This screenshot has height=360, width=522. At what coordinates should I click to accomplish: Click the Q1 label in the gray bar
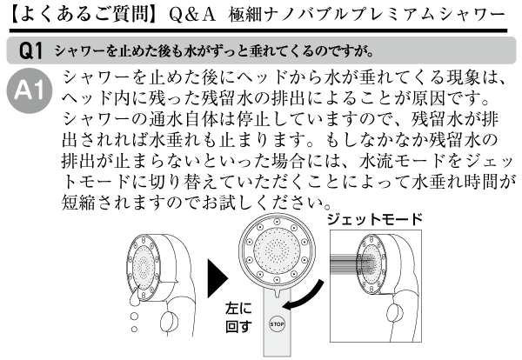(x=31, y=51)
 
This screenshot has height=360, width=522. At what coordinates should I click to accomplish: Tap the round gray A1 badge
(x=30, y=90)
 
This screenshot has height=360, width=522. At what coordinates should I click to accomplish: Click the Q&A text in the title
(x=192, y=15)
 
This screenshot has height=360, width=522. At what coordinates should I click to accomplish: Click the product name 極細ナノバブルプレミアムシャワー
(x=367, y=15)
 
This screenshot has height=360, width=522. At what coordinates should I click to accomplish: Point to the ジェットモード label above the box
(x=375, y=220)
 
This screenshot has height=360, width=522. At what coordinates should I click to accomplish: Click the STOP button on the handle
(x=277, y=323)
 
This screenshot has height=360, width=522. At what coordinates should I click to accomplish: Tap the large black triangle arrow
(x=217, y=278)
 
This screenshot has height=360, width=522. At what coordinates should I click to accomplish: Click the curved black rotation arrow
(x=304, y=297)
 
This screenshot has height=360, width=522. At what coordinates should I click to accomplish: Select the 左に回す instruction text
(x=238, y=317)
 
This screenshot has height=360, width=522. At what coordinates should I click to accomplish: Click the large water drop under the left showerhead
(x=134, y=298)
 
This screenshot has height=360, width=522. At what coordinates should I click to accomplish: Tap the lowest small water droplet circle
(x=134, y=329)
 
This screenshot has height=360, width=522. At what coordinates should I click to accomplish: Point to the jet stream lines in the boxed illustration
(x=350, y=263)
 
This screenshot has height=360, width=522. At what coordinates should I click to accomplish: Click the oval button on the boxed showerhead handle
(x=395, y=313)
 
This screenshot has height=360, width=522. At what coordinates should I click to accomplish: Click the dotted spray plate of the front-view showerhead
(x=277, y=250)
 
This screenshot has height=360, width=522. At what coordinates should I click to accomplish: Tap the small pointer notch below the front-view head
(x=277, y=293)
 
